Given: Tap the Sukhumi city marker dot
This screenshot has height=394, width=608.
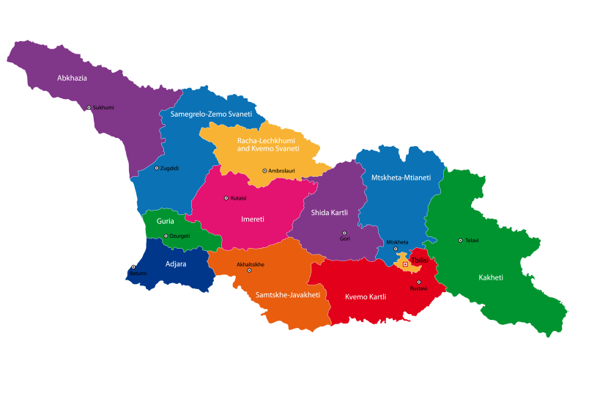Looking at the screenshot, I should [89, 108].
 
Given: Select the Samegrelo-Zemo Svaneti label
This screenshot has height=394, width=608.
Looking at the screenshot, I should [211, 114].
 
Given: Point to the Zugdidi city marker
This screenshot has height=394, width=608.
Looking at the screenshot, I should [156, 168].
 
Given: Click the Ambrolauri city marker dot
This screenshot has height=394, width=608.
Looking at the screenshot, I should [264, 171].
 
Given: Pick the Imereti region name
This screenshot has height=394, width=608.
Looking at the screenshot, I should [252, 219].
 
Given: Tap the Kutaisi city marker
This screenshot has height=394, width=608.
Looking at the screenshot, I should [226, 198].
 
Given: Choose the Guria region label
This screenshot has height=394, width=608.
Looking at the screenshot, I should [165, 221].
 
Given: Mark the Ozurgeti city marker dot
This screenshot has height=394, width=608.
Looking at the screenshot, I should [166, 236].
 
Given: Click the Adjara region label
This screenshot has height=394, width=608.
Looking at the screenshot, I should [176, 263].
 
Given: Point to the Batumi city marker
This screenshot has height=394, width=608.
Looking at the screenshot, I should [133, 268].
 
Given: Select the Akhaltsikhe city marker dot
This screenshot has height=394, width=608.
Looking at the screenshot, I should [249, 270].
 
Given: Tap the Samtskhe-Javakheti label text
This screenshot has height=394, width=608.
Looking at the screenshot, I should [288, 295].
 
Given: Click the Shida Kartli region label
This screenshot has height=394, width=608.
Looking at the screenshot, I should [330, 213].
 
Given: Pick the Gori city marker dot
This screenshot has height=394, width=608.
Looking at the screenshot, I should [344, 233].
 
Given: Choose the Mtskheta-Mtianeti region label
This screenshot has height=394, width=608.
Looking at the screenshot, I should [401, 178].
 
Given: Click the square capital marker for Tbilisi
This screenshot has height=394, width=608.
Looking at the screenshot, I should [405, 264].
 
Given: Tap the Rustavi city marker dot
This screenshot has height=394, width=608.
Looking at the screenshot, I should [418, 282].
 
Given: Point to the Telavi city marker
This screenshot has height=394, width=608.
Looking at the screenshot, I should [460, 240].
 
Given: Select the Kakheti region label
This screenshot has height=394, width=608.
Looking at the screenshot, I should [491, 277].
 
